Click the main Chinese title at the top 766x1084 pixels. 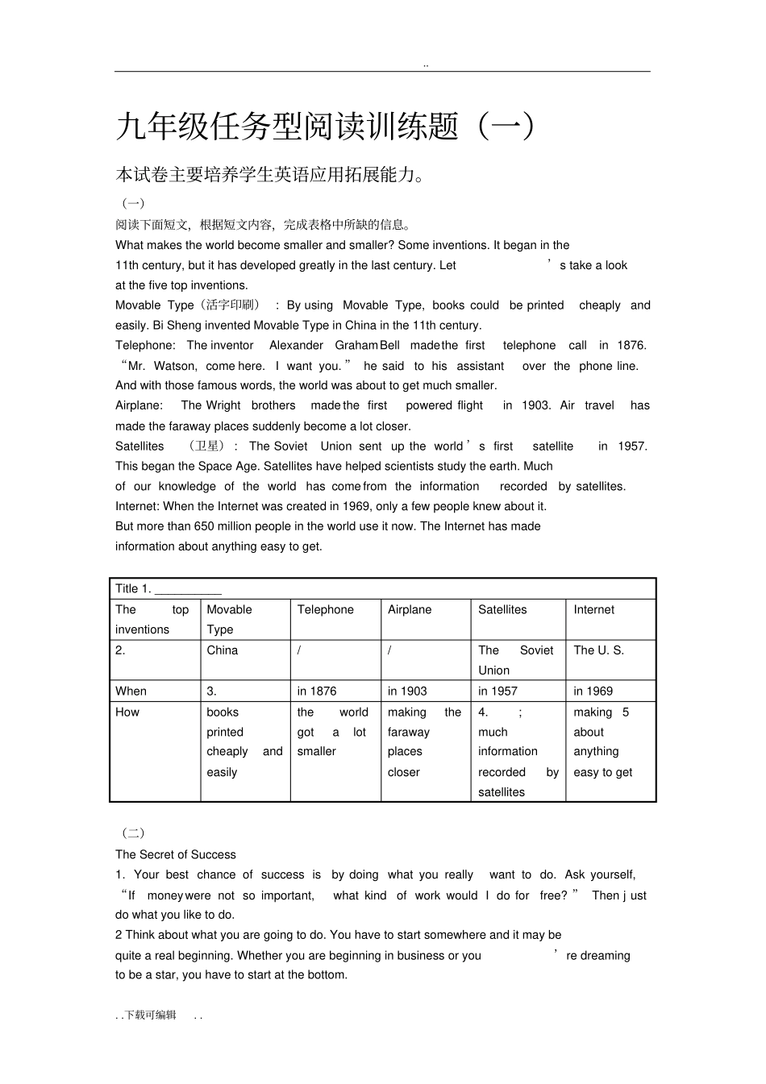pos(325,127)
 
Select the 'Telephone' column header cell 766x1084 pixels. pos(325,610)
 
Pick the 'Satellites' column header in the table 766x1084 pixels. pos(502,610)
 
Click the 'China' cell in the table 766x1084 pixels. pos(223,650)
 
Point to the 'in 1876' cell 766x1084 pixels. pos(317,692)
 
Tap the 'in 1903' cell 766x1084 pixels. pos(407,692)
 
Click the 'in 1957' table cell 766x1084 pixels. pos(497,692)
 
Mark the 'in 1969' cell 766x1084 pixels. pos(593,692)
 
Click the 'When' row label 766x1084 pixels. pos(131,692)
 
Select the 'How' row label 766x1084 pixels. pos(127,712)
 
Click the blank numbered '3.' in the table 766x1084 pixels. pos(212,692)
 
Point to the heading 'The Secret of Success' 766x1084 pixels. pos(176,855)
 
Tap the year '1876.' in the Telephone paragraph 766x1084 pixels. pos(632,346)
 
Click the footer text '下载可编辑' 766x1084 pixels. pos(151,1015)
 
